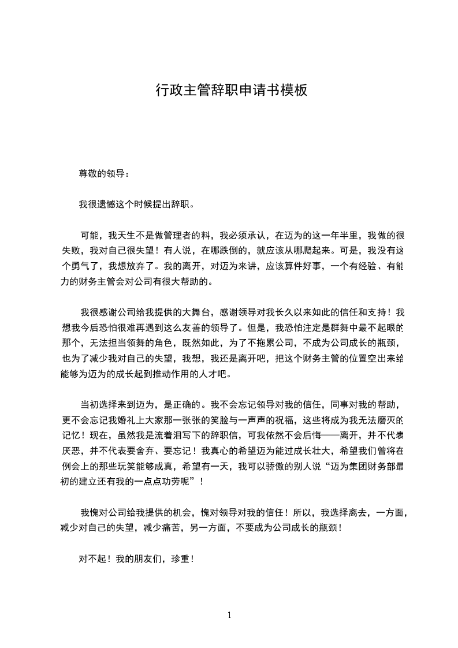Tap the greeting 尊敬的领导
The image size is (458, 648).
click(102, 174)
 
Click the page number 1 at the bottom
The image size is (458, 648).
click(229, 615)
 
